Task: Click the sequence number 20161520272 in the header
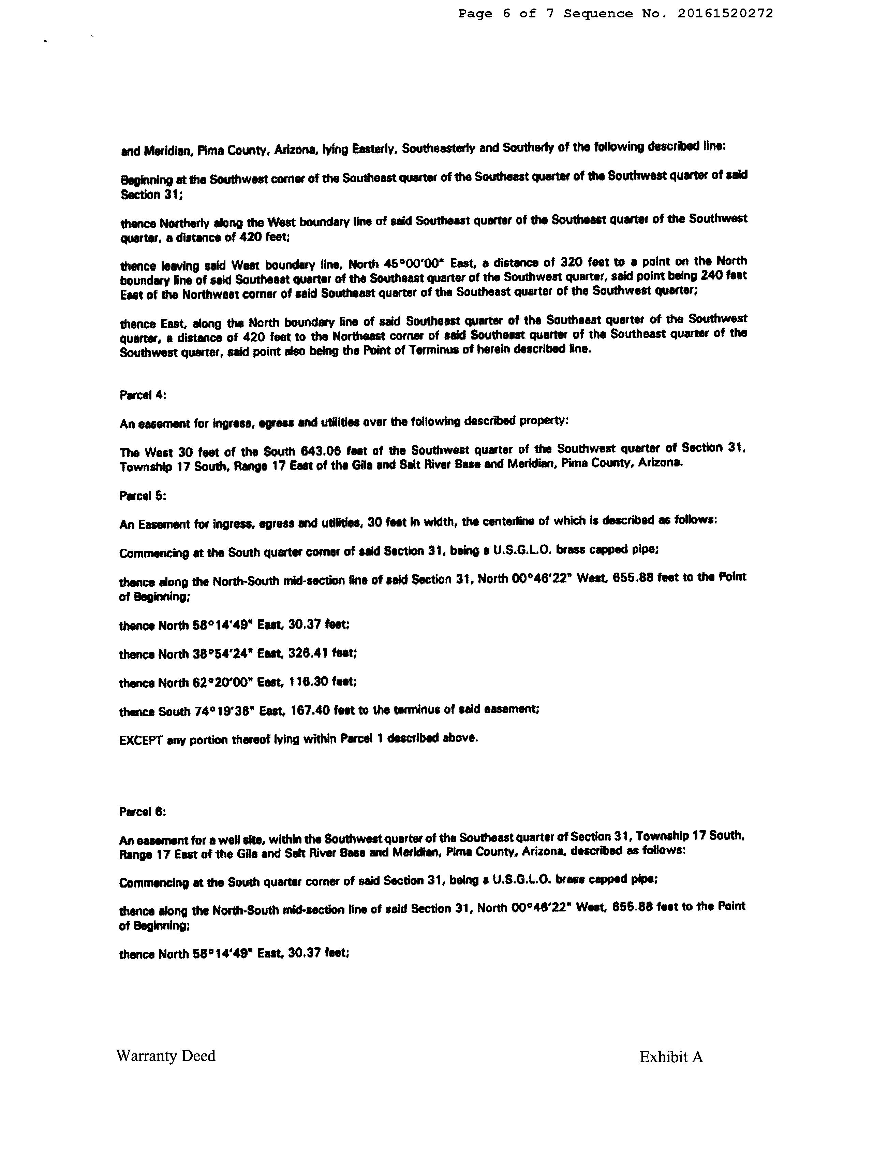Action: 725,14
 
